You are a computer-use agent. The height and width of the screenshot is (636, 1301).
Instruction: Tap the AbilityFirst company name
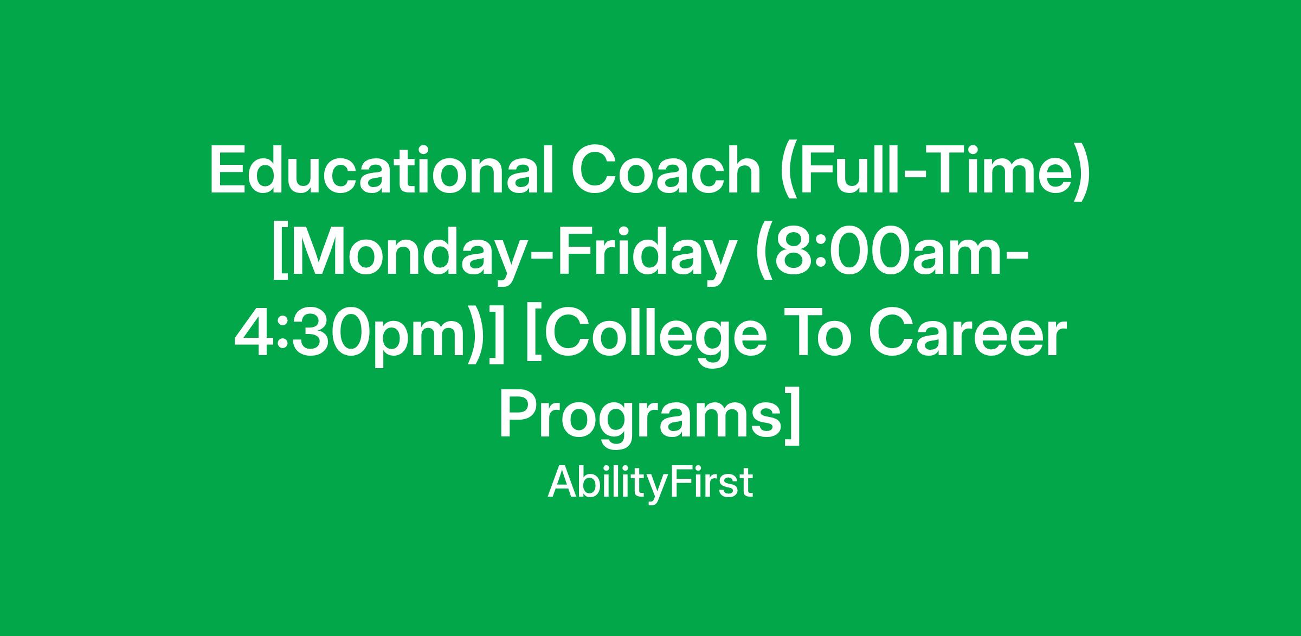click(650, 483)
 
